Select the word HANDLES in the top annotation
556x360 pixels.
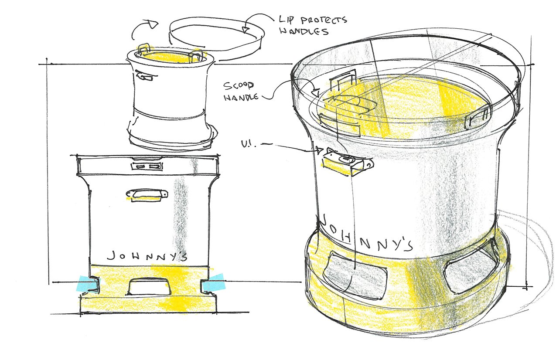click(x=304, y=31)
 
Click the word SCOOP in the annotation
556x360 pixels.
click(x=239, y=85)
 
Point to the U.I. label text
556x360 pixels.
click(x=248, y=144)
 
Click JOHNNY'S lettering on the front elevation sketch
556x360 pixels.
click(x=147, y=256)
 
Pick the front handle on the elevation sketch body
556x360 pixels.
click(x=147, y=195)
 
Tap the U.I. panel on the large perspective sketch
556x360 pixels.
click(x=348, y=163)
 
